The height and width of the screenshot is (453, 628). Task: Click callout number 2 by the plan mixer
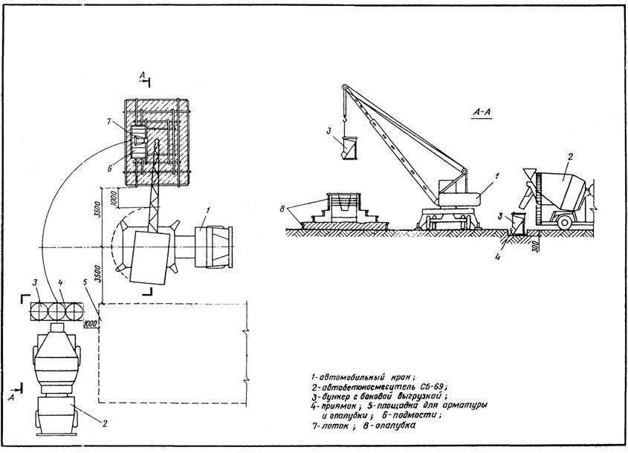(x=105, y=425)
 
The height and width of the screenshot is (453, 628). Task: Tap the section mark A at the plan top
(x=142, y=74)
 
